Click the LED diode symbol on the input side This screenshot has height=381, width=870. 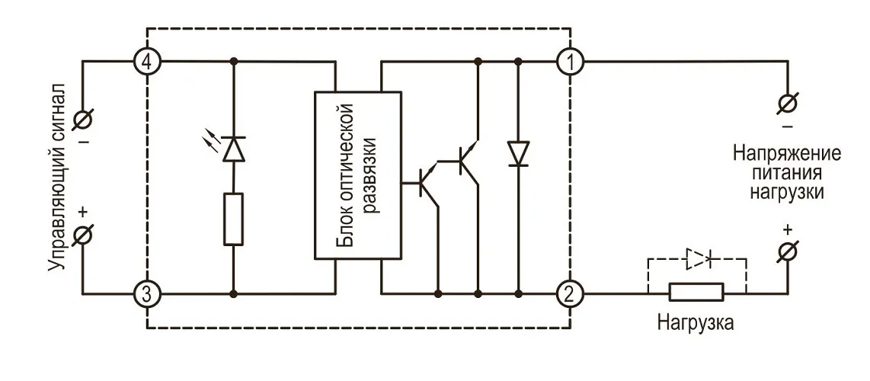pyautogui.click(x=234, y=147)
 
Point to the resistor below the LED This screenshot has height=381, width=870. pyautogui.click(x=234, y=219)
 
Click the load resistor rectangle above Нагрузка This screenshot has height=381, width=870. pyautogui.click(x=696, y=293)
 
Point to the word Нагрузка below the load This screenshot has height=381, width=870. pyautogui.click(x=696, y=323)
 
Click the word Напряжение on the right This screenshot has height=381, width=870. pyautogui.click(x=787, y=152)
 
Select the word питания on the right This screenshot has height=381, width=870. pyautogui.click(x=787, y=172)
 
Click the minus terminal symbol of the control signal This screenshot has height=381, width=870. pyautogui.click(x=83, y=119)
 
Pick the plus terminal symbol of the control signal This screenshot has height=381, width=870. pyautogui.click(x=83, y=235)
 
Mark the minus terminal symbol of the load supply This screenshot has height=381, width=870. pyautogui.click(x=787, y=102)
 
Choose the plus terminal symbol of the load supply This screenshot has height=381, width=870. pyautogui.click(x=787, y=250)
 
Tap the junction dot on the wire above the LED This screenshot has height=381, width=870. pyautogui.click(x=234, y=60)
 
